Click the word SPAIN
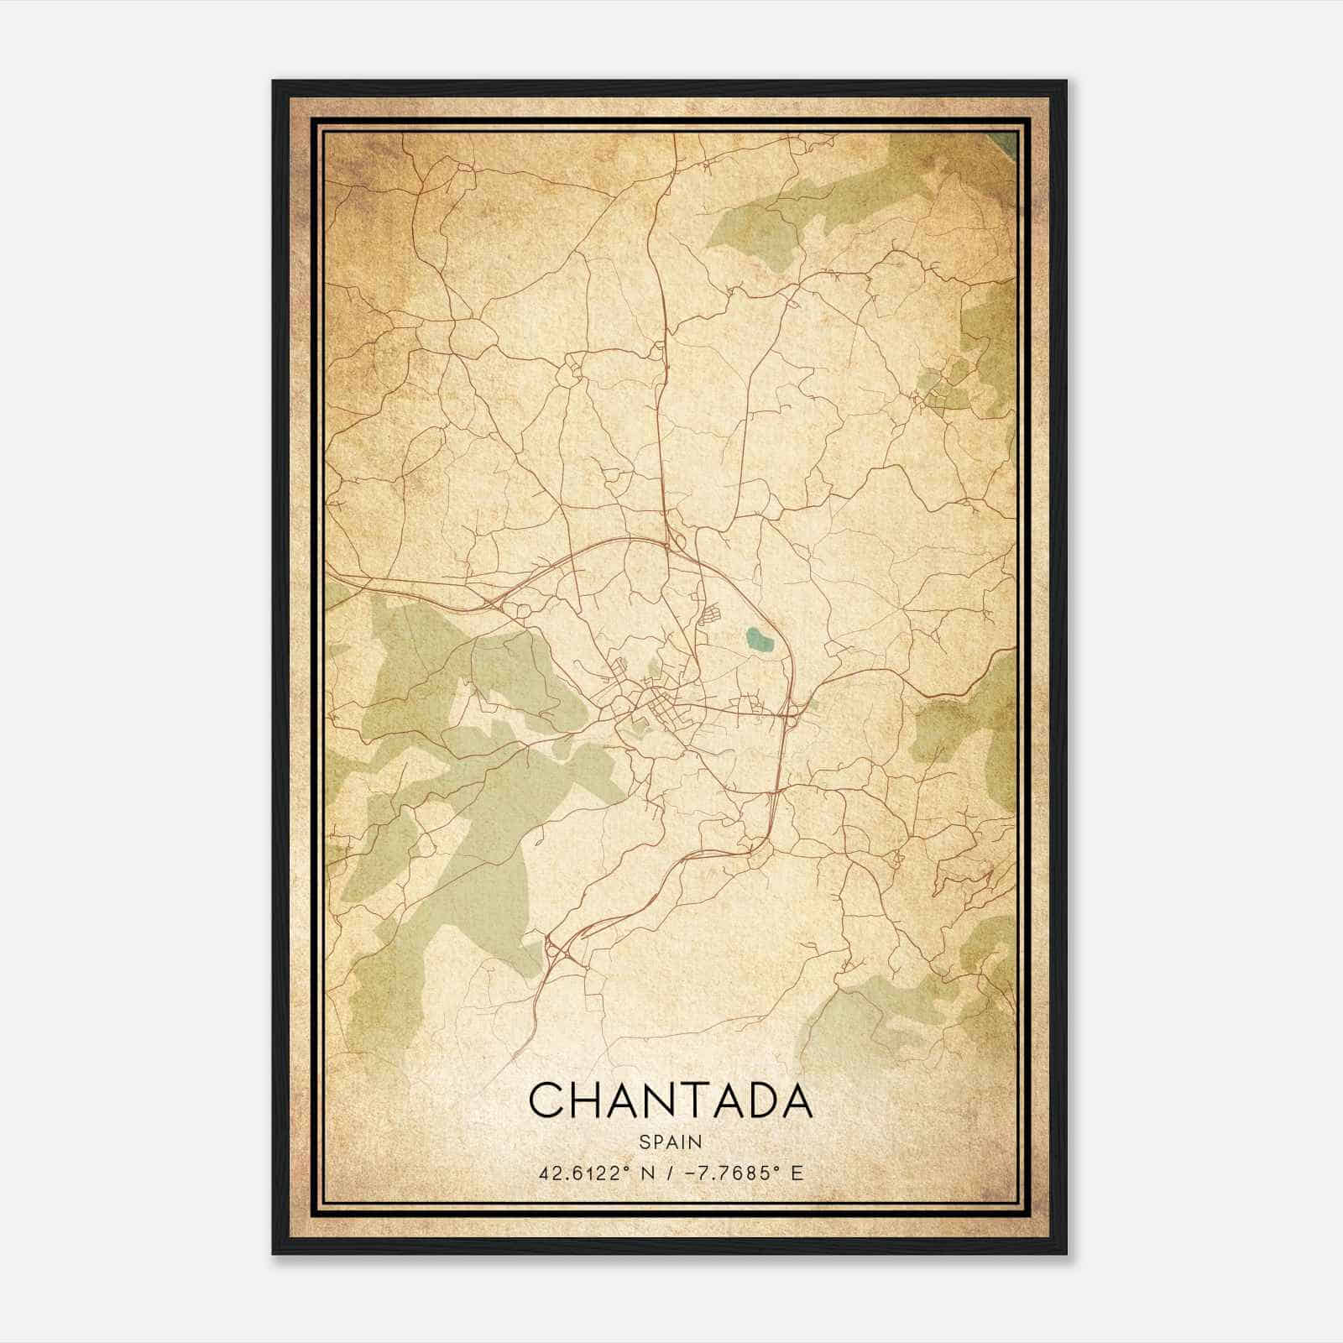pyautogui.click(x=671, y=1142)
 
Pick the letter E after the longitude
pyautogui.click(x=797, y=1173)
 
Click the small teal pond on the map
pyautogui.click(x=759, y=641)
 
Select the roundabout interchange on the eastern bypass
pyautogui.click(x=792, y=713)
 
